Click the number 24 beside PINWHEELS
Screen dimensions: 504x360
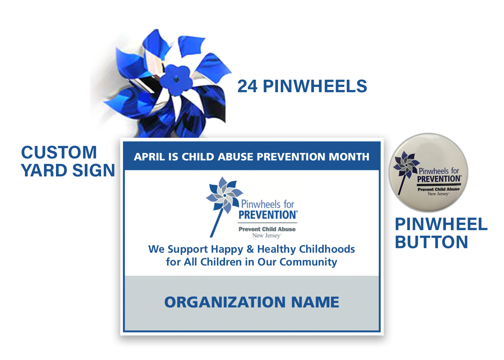click(x=247, y=86)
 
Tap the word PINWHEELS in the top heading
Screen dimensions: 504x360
click(x=315, y=86)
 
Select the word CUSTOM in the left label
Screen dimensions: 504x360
click(x=59, y=152)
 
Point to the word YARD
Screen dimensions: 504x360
click(x=44, y=170)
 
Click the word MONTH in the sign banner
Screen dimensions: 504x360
click(x=349, y=157)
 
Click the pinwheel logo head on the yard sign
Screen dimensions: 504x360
click(x=224, y=195)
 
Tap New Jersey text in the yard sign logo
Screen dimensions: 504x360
click(x=267, y=235)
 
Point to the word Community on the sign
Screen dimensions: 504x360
click(x=308, y=262)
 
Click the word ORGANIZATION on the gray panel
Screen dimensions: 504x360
click(x=225, y=302)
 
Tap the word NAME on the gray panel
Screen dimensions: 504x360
click(x=315, y=302)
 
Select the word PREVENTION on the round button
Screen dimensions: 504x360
click(x=439, y=179)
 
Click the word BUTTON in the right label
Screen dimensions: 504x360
click(x=432, y=242)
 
